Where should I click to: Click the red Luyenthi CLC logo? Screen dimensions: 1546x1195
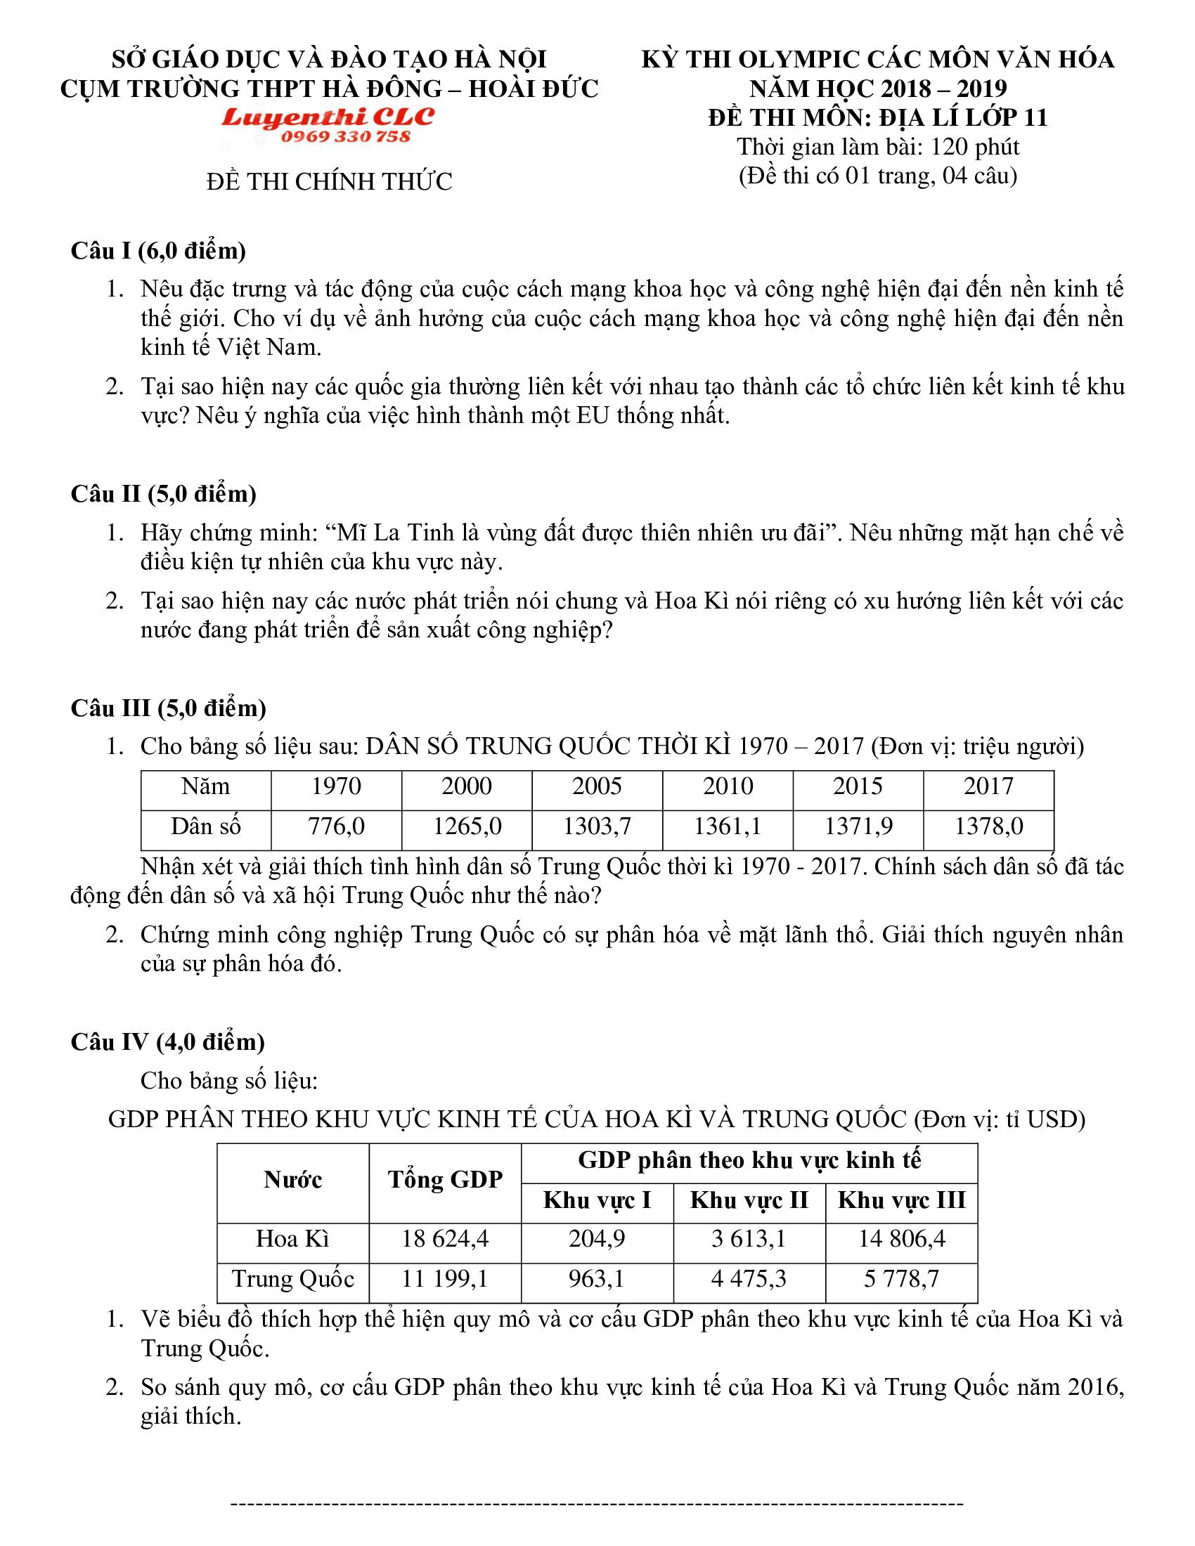click(328, 117)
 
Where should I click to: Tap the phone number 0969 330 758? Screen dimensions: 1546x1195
click(344, 136)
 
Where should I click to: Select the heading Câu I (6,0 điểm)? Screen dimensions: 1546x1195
click(158, 251)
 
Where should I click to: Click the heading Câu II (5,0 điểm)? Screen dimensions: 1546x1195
click(163, 493)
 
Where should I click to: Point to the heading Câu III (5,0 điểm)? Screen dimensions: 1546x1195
click(168, 708)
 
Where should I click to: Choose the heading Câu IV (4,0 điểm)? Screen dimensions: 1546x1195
click(167, 1041)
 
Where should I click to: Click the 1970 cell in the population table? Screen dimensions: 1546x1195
click(336, 786)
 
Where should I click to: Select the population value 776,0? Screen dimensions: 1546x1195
click(336, 826)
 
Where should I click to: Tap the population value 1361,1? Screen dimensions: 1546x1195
click(727, 826)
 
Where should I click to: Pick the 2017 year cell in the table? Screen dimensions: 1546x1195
click(988, 786)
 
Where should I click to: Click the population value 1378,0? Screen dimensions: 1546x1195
click(988, 826)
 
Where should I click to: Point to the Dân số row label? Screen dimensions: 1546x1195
click(205, 826)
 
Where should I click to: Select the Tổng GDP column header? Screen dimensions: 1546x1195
click(444, 1179)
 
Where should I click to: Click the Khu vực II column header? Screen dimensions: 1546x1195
click(749, 1200)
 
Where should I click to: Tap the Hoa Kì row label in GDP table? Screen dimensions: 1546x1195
click(292, 1239)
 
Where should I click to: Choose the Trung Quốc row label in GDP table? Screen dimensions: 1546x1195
click(292, 1279)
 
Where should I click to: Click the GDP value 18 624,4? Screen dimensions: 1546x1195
click(444, 1239)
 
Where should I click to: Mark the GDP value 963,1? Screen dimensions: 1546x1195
click(596, 1279)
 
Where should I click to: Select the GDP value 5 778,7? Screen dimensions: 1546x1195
click(901, 1279)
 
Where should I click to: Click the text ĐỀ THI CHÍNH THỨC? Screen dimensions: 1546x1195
click(329, 182)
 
